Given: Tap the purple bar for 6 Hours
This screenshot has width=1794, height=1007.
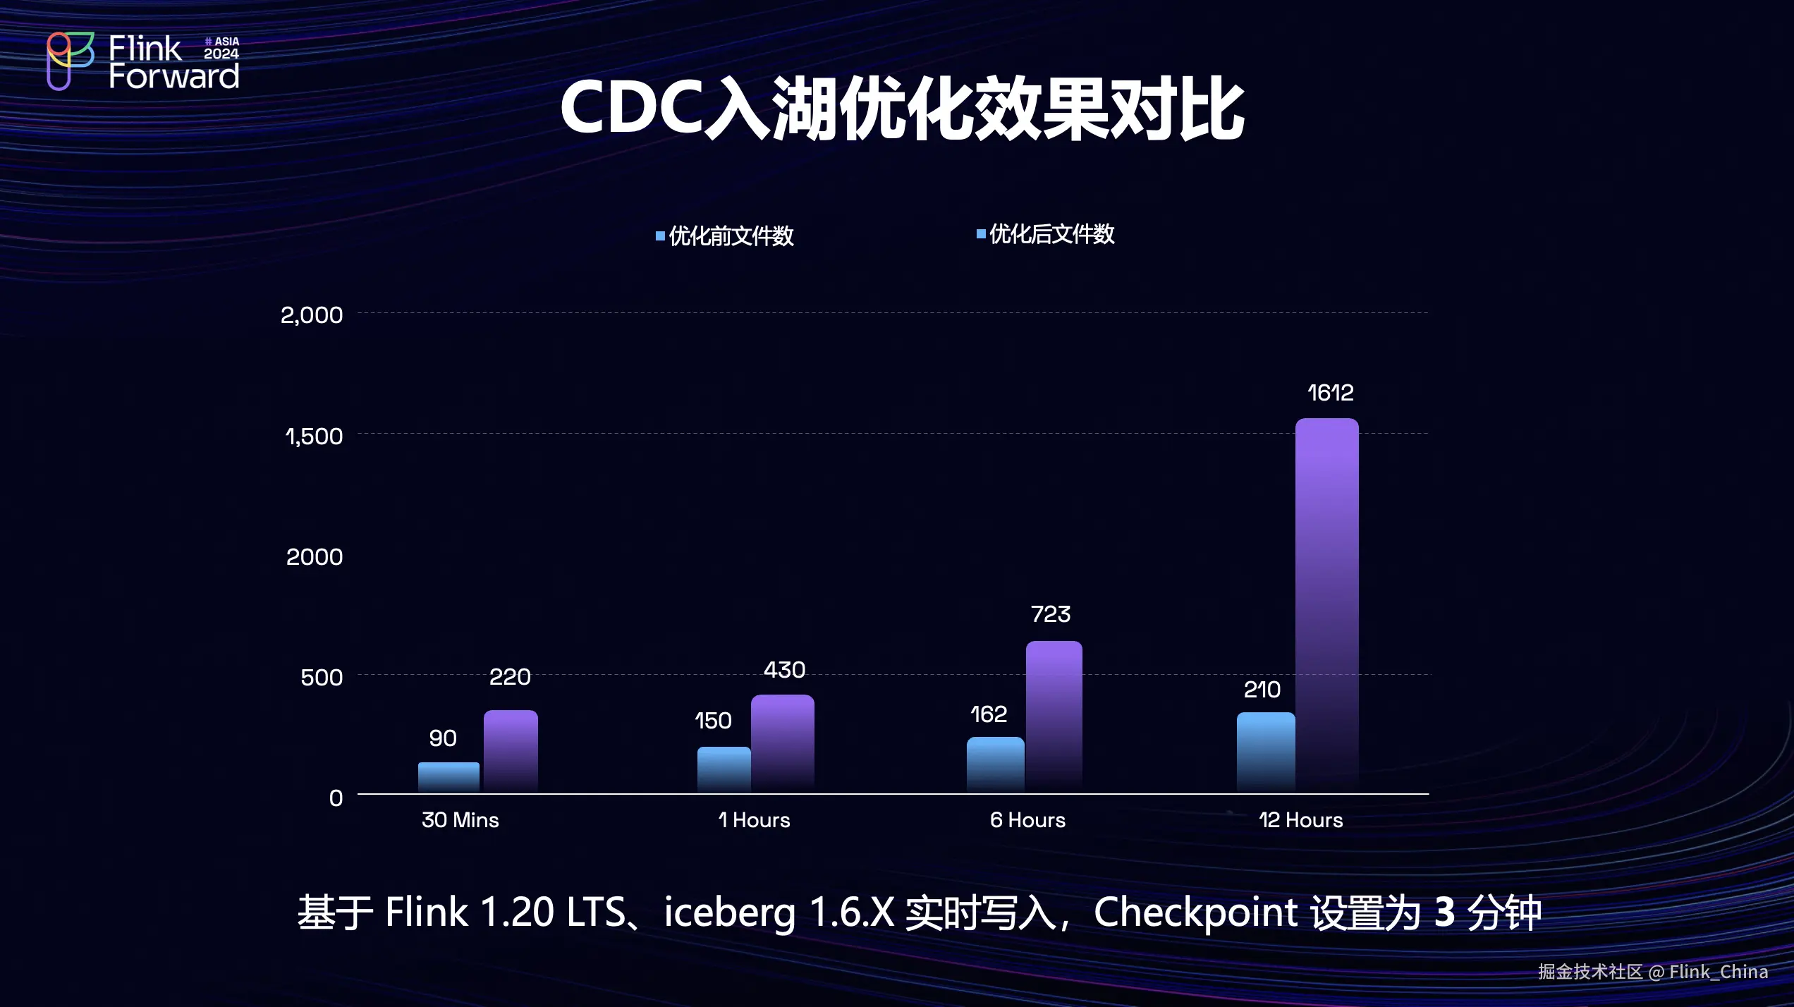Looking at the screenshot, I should [1054, 716].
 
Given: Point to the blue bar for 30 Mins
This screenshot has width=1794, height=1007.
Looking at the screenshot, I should [448, 776].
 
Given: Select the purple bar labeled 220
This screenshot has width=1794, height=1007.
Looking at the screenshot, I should [511, 750].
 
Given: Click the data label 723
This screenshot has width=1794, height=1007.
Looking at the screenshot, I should [1051, 614].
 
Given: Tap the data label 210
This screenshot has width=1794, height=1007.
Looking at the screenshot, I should [1262, 690].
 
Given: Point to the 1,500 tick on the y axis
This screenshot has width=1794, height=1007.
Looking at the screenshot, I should [314, 437].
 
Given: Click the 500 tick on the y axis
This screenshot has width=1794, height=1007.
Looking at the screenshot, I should [322, 678].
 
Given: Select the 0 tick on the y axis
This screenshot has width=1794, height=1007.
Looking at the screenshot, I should [336, 798].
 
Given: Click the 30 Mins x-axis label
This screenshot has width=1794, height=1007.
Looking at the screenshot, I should [460, 820].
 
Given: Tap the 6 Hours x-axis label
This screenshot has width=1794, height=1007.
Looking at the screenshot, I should [1027, 820].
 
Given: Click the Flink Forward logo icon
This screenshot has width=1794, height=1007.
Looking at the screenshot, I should [70, 61].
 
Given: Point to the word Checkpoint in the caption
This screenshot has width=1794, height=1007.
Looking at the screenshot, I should [1195, 913].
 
